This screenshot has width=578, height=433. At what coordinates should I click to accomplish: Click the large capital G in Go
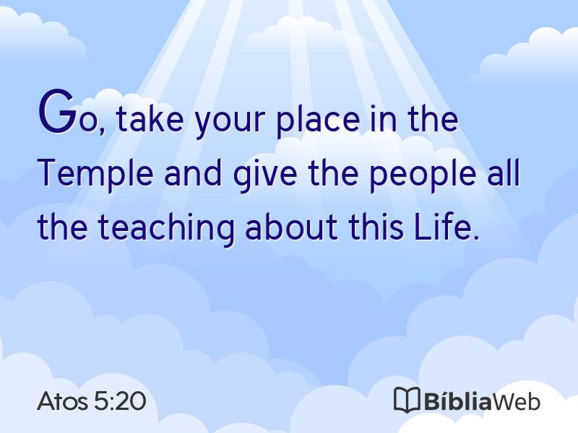[x=56, y=111]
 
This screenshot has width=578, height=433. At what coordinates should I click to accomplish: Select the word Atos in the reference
[x=62, y=401]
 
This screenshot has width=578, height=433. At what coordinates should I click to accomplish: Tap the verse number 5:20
[x=120, y=401]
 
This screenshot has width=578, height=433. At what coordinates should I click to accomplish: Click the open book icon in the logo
[x=407, y=400]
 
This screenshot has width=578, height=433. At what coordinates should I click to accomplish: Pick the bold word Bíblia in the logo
[x=457, y=401]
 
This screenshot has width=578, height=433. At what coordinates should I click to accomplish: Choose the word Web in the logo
[x=516, y=401]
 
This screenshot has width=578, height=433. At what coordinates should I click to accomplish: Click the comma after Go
[x=101, y=130]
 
